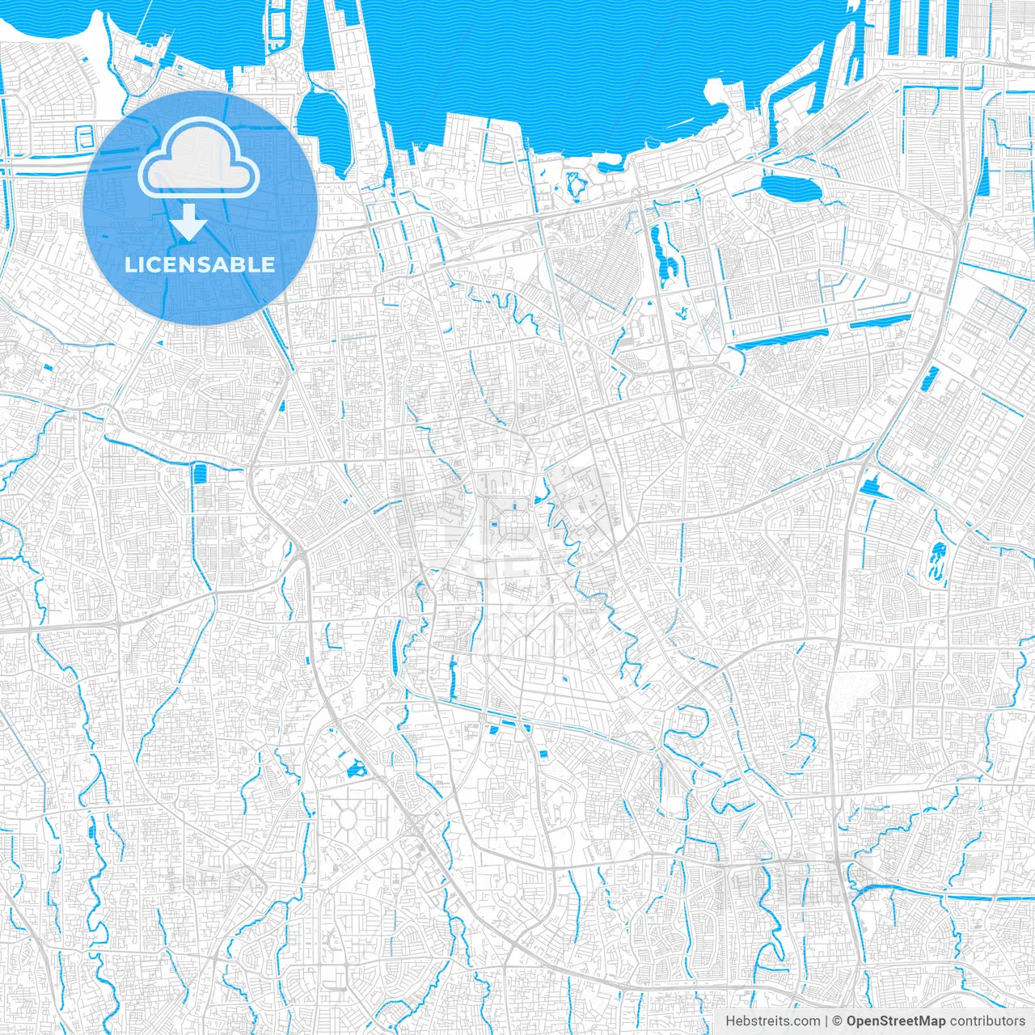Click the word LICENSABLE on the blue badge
point(199,264)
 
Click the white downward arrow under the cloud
point(189,222)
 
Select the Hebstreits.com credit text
point(772,1021)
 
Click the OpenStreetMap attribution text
point(896,1021)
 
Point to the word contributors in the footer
point(987,1021)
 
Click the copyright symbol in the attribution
point(838,1021)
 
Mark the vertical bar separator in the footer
point(826,1021)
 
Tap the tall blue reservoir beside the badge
point(322,121)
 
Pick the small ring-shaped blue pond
point(576,185)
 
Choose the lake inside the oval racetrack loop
point(938,560)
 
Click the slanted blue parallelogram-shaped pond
point(931,378)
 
